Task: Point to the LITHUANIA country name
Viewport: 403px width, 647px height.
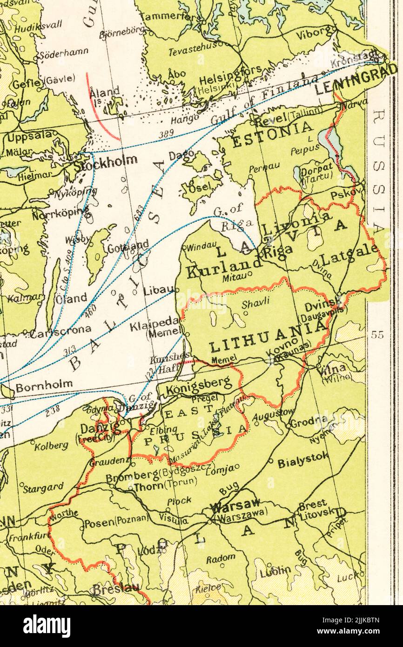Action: pyautogui.click(x=269, y=337)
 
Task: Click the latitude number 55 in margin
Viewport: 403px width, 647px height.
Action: pyautogui.click(x=377, y=335)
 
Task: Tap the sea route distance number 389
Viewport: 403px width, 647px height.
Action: pyautogui.click(x=166, y=134)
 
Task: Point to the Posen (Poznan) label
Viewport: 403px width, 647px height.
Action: pyautogui.click(x=116, y=522)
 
